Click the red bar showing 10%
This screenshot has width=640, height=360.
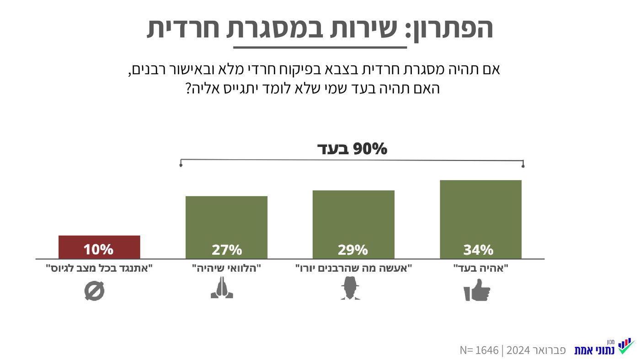click(x=99, y=247)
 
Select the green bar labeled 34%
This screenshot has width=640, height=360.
click(x=480, y=220)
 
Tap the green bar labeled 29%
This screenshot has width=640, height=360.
click(x=353, y=224)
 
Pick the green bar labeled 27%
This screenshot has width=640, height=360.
click(x=226, y=227)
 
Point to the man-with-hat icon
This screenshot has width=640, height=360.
click(x=350, y=290)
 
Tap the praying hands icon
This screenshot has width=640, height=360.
click(x=222, y=288)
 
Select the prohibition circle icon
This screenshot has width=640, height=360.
click(x=95, y=291)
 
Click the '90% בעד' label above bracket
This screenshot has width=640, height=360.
click(x=352, y=149)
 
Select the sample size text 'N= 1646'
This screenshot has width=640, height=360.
click(x=479, y=350)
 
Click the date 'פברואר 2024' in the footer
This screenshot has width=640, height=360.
click(x=536, y=350)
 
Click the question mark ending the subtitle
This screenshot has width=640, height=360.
click(x=188, y=88)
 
